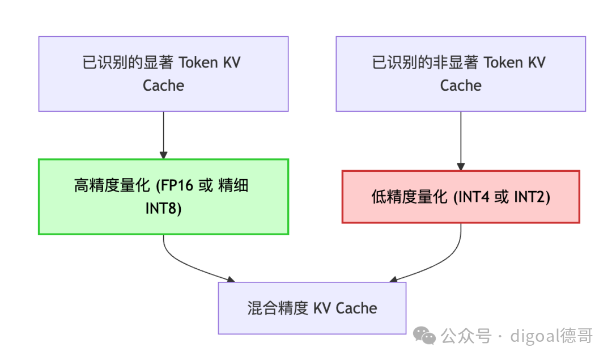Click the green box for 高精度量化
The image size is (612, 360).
[x=163, y=197]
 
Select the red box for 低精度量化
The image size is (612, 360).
[x=461, y=197]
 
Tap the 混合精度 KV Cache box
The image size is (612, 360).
[x=312, y=308]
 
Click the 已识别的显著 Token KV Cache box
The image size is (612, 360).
[x=163, y=74]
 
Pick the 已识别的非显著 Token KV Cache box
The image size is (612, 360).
[x=461, y=74]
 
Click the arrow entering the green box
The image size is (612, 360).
[x=163, y=136]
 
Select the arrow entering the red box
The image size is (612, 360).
[x=461, y=142]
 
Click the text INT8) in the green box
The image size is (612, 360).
[x=163, y=209]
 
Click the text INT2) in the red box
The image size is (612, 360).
[x=532, y=197]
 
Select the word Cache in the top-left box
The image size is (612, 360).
[x=163, y=86]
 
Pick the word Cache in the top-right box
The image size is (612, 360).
[x=461, y=86]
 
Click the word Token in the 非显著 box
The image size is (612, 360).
[x=504, y=62]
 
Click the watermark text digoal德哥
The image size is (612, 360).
[x=551, y=336]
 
